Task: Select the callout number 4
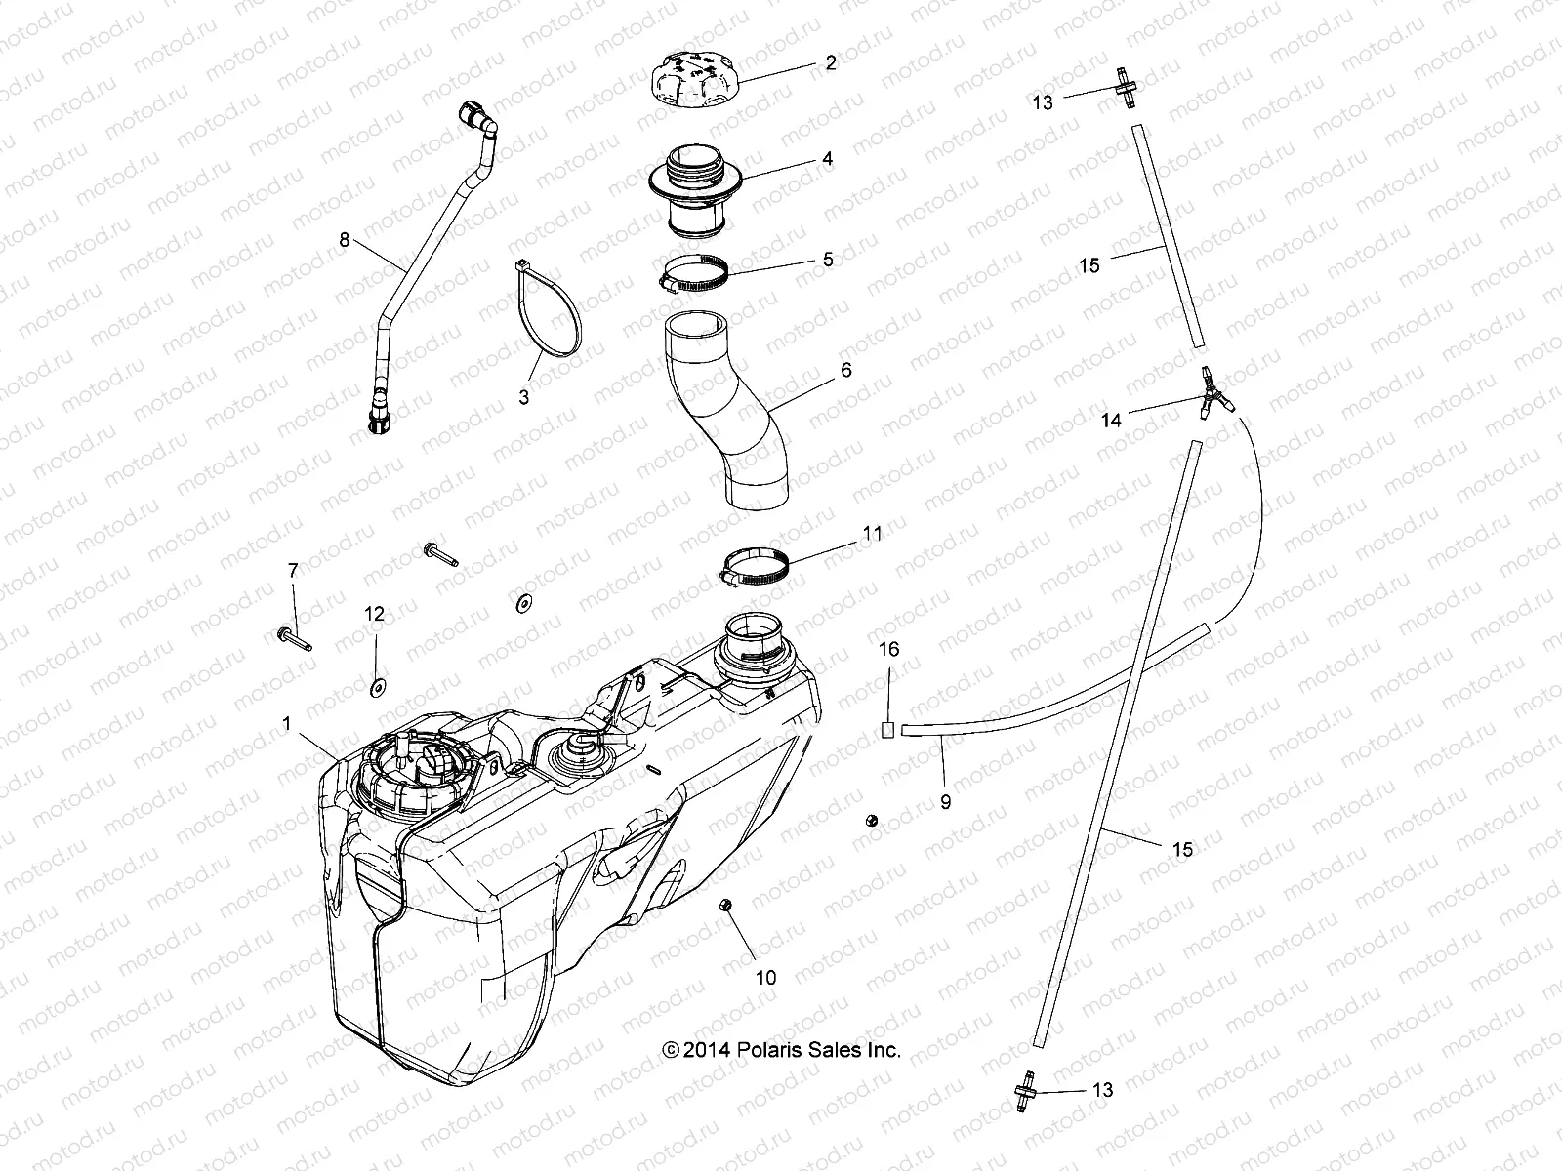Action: [827, 158]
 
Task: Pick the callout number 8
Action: [344, 240]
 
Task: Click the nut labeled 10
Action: [726, 907]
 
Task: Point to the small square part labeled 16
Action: [888, 727]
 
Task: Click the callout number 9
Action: [945, 802]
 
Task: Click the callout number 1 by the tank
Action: [286, 724]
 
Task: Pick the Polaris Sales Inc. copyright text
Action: [781, 1050]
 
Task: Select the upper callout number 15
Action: [1089, 265]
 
